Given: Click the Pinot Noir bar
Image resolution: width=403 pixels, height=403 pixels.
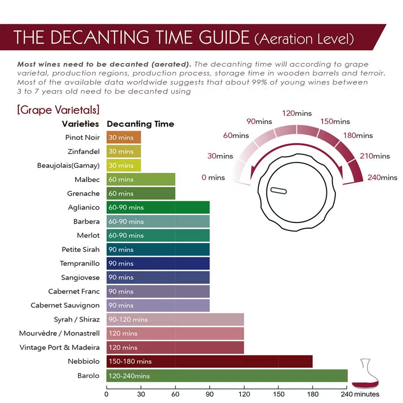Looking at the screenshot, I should coord(124,137).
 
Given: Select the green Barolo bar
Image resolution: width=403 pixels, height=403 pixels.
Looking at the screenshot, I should coord(227,376).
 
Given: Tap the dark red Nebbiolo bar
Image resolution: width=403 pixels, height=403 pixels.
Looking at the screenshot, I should coord(210,361).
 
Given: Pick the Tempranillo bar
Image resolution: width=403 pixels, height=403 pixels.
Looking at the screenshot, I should coord(158,264).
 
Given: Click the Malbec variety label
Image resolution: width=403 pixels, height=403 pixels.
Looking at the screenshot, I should coord(87,180).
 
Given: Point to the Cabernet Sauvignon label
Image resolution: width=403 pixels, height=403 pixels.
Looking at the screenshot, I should coord(65,305).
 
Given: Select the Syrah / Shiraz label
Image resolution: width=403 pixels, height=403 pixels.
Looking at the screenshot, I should coord(77,320).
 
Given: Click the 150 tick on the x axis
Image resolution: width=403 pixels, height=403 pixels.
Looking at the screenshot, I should coord(278,394).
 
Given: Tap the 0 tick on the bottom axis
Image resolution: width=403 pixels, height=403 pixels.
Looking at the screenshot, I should coord(106,394).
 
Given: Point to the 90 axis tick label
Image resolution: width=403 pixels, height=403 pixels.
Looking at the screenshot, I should coord(210,394).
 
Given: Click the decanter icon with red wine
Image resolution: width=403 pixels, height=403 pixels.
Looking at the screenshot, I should coord(365,375).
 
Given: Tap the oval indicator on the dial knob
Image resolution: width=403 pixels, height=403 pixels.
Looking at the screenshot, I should coord(278,191).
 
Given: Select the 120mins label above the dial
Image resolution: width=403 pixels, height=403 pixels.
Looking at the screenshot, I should coord(297,113).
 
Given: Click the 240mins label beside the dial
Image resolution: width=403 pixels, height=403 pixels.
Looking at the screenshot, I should coord(382,177).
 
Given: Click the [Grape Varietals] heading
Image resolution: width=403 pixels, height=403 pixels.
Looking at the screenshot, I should coord(58,110).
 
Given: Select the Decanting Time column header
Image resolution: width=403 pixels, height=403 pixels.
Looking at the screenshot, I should coord(140,124).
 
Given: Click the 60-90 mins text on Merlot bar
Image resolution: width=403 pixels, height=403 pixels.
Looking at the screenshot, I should coord(126,235).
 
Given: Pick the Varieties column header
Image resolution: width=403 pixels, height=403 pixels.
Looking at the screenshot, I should coord(80,124).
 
